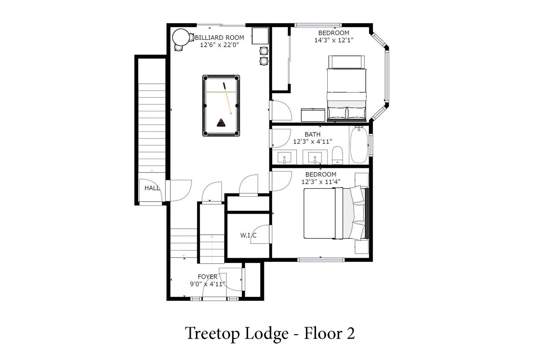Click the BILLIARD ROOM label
[219, 37]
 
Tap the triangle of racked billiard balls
[221, 123]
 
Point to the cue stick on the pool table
[227, 98]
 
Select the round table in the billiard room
[181, 37]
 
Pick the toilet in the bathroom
[337, 155]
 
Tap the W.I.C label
[248, 235]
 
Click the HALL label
[152, 188]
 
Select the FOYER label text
[208, 276]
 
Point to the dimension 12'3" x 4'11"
[312, 141]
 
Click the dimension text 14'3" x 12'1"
[334, 40]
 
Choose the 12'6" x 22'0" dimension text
[219, 45]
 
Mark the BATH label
[312, 134]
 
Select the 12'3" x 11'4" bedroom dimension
[321, 181]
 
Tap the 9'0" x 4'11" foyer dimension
[208, 284]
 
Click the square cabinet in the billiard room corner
[260, 36]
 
